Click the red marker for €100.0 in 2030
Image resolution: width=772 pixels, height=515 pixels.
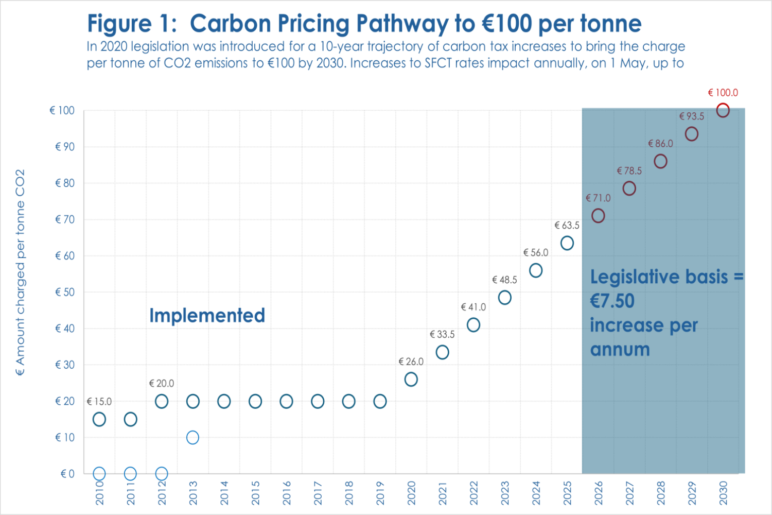point(723,110)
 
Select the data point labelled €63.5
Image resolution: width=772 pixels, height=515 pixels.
point(567,243)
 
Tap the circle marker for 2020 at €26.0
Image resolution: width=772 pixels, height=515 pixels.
point(411,380)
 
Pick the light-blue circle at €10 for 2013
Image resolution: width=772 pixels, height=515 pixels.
point(192,437)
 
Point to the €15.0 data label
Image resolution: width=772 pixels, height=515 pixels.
point(99,402)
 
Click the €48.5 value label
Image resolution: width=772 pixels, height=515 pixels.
point(504,280)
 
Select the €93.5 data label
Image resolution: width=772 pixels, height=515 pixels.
point(692,116)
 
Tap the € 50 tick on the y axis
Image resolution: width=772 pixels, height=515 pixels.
point(65,292)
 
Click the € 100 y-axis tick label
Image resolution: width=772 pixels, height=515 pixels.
point(62,110)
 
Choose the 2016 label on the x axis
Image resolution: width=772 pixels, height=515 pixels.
point(287,493)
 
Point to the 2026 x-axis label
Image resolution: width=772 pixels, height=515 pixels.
point(598,493)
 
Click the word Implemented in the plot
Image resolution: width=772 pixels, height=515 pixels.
point(207,315)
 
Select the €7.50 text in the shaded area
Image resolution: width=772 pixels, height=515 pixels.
point(612,301)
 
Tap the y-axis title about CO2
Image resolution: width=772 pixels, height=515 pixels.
point(20,273)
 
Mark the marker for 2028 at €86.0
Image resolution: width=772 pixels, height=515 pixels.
point(660,161)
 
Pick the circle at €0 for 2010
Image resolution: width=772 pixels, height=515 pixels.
point(99,473)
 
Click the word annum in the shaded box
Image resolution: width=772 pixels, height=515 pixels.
point(620,349)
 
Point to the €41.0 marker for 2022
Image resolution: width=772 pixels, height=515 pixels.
point(473,325)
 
